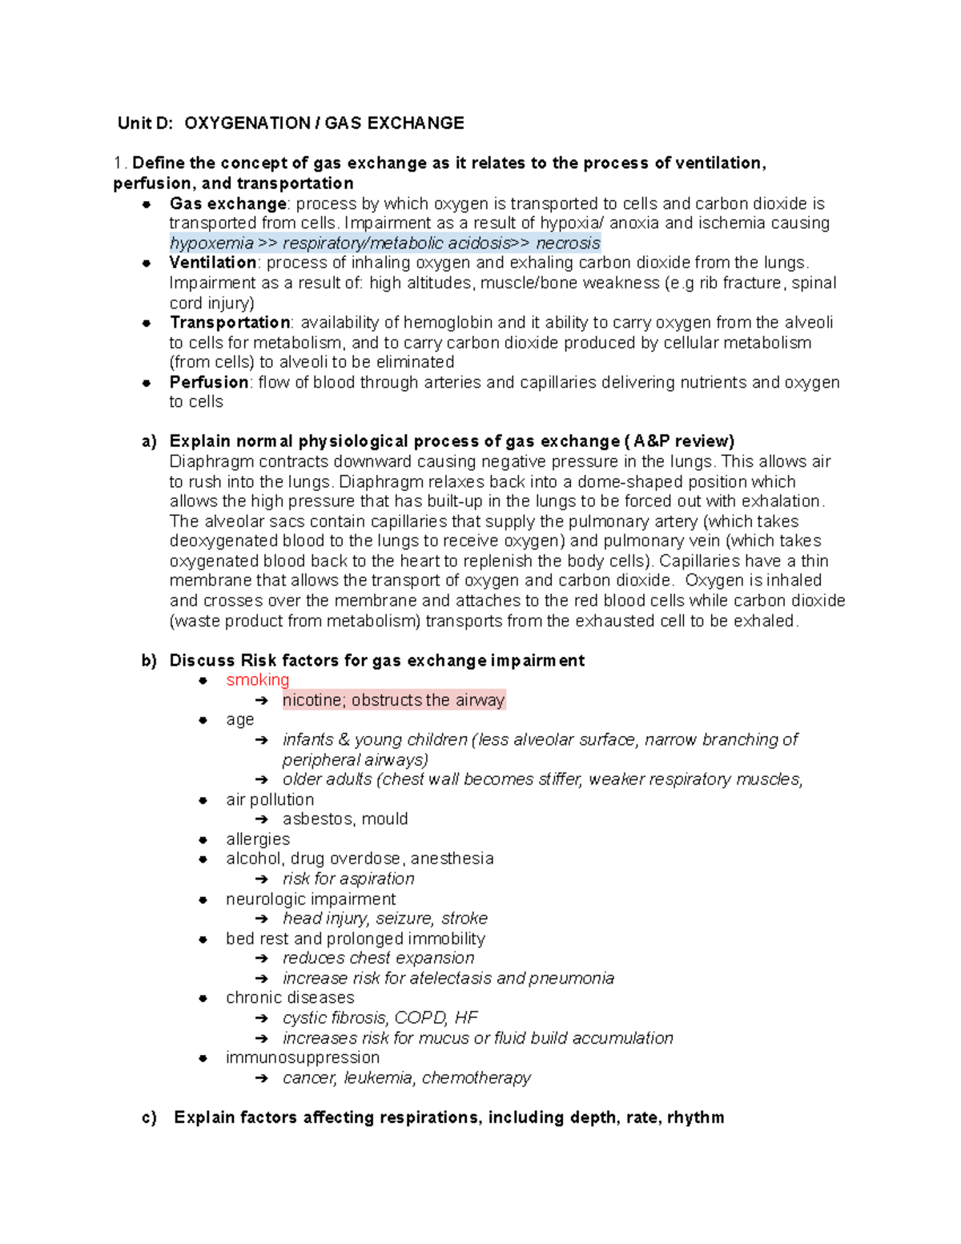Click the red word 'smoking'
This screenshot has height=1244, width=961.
click(257, 680)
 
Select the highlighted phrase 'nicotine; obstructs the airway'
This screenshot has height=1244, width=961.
click(393, 700)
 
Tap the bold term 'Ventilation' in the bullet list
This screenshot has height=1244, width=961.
click(212, 263)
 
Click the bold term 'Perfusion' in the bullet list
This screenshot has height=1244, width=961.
click(208, 382)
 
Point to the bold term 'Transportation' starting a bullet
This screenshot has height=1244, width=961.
click(230, 323)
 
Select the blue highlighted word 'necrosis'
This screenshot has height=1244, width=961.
click(568, 244)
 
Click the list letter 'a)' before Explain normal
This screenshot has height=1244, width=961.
click(149, 442)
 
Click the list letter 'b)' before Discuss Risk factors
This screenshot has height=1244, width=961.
click(149, 661)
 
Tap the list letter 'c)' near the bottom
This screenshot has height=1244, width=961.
click(149, 1118)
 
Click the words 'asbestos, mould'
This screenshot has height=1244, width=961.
click(345, 819)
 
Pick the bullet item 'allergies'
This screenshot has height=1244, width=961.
click(258, 839)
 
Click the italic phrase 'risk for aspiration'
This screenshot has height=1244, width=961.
click(348, 879)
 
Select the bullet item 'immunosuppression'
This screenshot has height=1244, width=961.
click(303, 1058)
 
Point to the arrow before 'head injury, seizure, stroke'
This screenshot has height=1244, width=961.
click(262, 919)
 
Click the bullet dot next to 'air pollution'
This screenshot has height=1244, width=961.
click(203, 800)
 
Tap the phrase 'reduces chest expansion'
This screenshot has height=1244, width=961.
click(378, 959)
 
